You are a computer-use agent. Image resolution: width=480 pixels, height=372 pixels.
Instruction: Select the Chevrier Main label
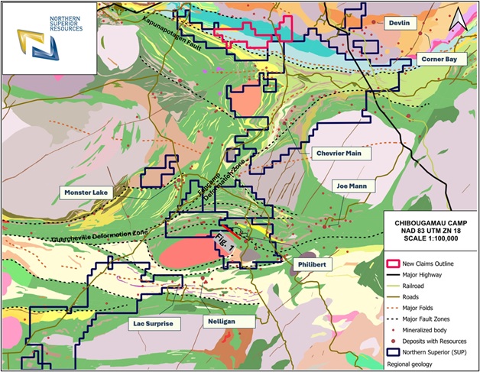(342, 154)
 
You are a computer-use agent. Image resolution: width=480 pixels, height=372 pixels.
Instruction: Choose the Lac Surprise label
(154, 324)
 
